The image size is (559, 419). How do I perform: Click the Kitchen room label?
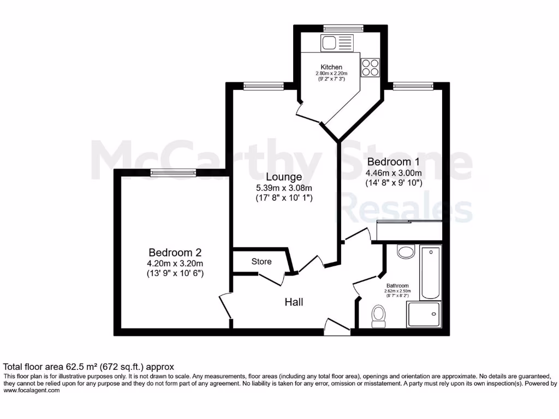coord(331,67)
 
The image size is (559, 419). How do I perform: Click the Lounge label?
coord(284,177)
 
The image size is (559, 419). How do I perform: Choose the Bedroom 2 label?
coord(175,253)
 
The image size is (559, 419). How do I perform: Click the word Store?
coord(261,261)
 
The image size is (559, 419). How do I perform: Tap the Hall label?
coord(294,302)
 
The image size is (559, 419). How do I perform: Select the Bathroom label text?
coord(397,286)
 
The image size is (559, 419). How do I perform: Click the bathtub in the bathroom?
coord(430,273)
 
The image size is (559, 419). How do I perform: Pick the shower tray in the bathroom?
coord(424,315)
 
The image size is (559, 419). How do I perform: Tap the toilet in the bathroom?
coord(378,316)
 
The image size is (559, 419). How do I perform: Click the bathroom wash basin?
coord(406,252)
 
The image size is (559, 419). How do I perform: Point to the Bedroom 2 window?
coord(173,173)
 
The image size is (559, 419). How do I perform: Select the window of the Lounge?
coord(263,85)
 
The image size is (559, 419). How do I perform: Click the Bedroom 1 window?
coord(413,85)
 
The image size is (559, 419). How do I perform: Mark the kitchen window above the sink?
coord(343,28)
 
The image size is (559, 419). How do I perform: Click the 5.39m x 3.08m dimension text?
coord(284,188)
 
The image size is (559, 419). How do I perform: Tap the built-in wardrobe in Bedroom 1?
coord(409,232)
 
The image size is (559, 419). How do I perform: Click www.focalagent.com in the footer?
coord(31,390)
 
